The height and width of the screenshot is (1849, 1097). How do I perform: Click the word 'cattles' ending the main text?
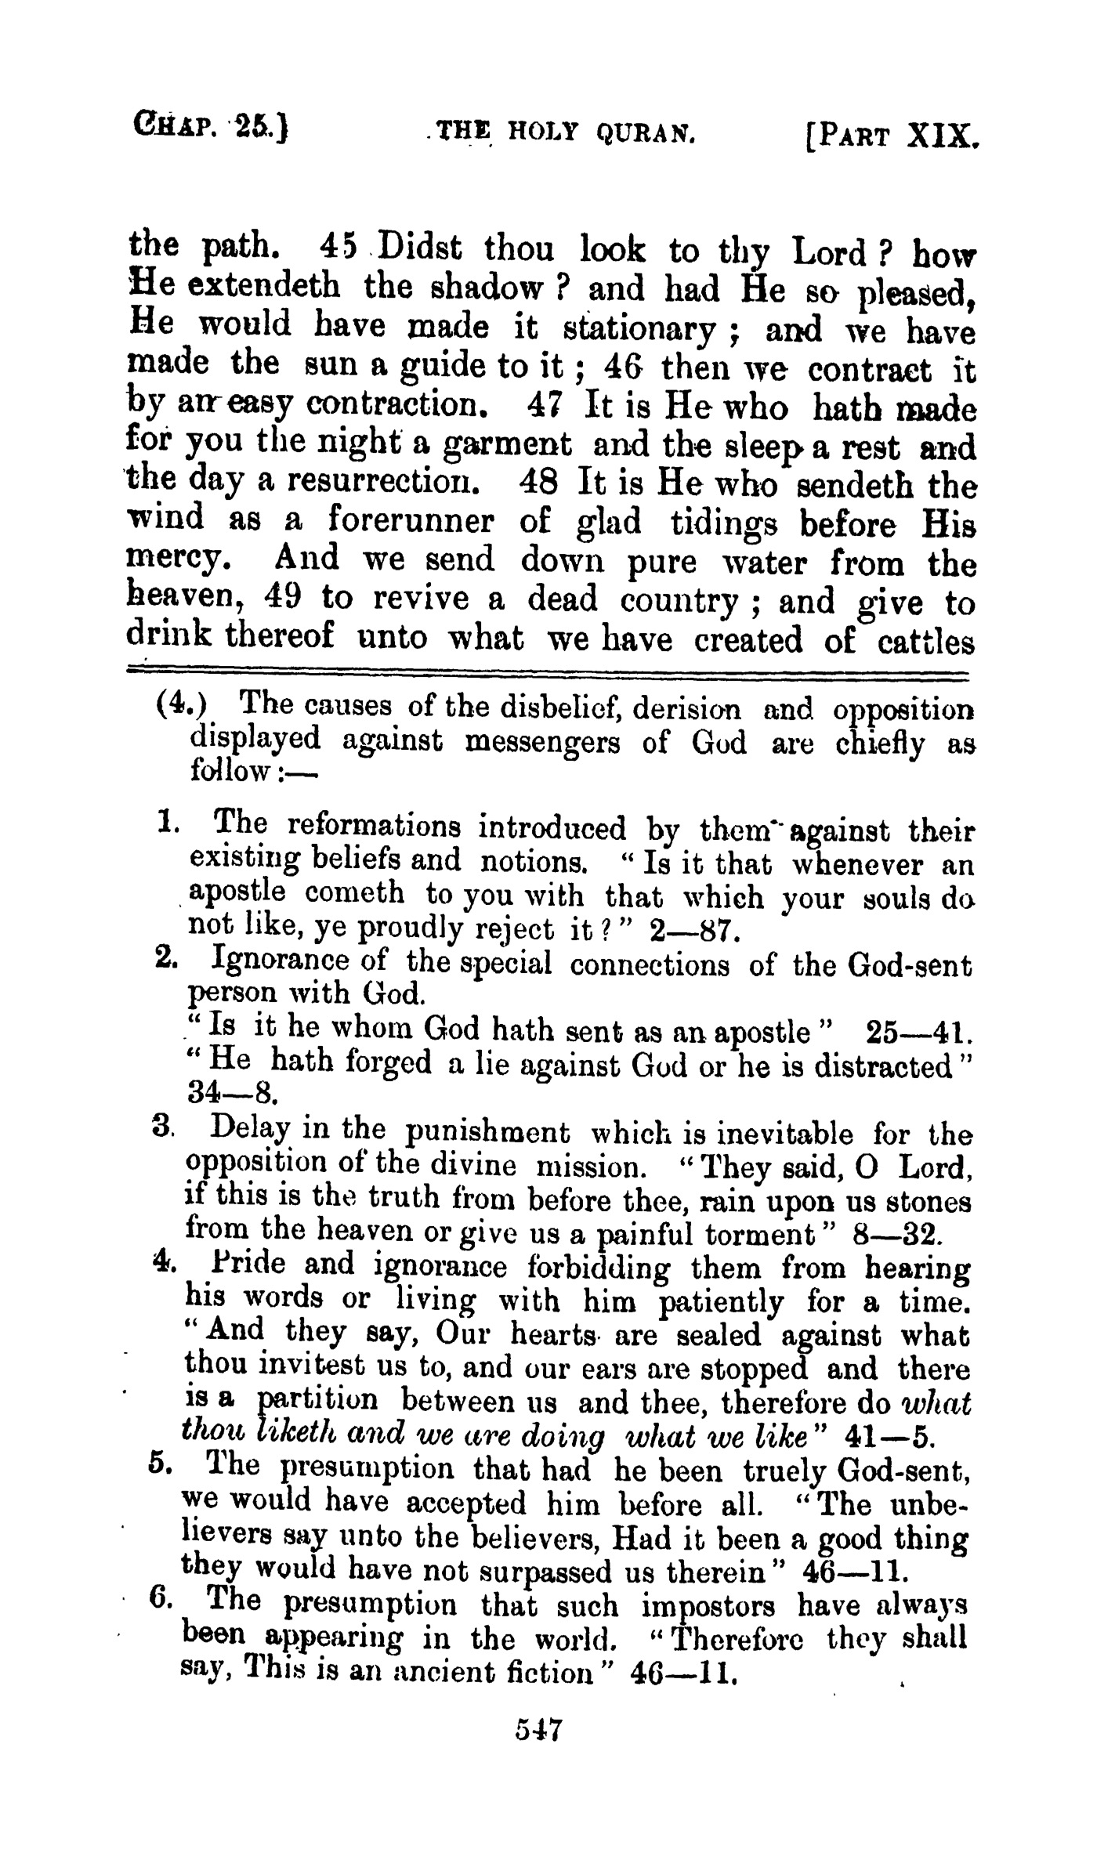point(925,642)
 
